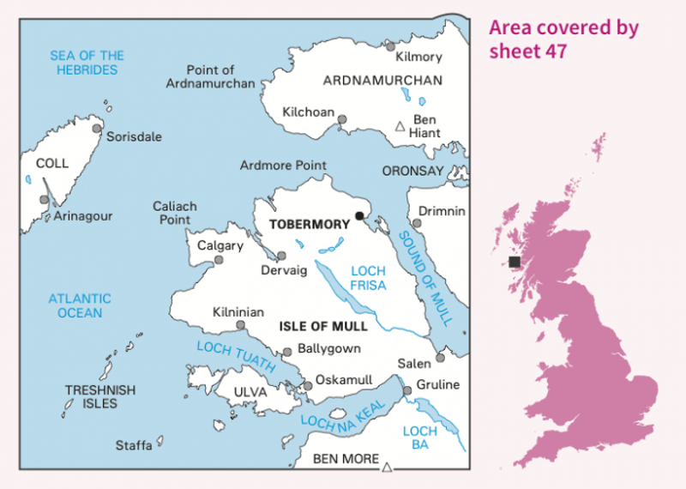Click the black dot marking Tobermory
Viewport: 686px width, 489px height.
pyautogui.click(x=359, y=215)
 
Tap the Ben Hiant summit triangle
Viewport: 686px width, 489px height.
pyautogui.click(x=399, y=127)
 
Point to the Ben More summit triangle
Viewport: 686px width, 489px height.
pyautogui.click(x=387, y=467)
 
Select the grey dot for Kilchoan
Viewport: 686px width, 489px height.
pyautogui.click(x=342, y=120)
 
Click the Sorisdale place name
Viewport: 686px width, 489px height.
pyautogui.click(x=133, y=136)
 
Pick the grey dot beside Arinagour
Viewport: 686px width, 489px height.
pyautogui.click(x=45, y=199)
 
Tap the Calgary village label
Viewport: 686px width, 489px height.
pyautogui.click(x=220, y=245)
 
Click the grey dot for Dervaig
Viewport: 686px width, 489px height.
pyautogui.click(x=281, y=256)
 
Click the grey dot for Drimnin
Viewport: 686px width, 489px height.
pyautogui.click(x=417, y=223)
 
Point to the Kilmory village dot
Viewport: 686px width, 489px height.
pyautogui.click(x=390, y=45)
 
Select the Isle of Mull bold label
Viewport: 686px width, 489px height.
pyautogui.click(x=323, y=326)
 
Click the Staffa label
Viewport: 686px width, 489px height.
pyautogui.click(x=134, y=445)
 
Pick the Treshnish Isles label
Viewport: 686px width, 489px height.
pyautogui.click(x=100, y=397)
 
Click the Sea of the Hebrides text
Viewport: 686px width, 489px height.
pyautogui.click(x=87, y=63)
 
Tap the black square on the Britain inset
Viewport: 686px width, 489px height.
pyautogui.click(x=514, y=262)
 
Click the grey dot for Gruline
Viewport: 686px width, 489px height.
pyautogui.click(x=408, y=390)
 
